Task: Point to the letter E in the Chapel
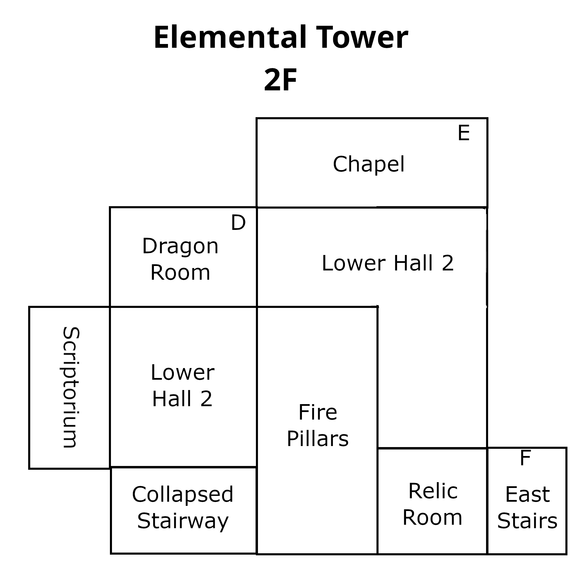click(463, 133)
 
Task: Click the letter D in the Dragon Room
click(238, 223)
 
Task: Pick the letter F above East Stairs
click(525, 458)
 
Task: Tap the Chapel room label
click(369, 164)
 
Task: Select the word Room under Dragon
click(180, 273)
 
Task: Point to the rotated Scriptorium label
click(71, 387)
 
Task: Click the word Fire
click(318, 412)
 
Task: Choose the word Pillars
click(318, 439)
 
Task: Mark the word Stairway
click(183, 521)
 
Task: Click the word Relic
click(433, 491)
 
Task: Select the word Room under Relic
click(432, 518)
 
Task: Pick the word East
click(527, 495)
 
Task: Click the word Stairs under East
click(527, 521)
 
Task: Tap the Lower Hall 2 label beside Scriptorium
click(182, 386)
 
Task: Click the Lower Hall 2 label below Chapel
click(388, 263)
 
